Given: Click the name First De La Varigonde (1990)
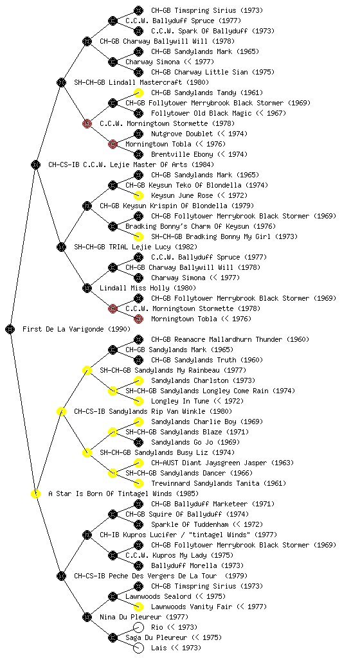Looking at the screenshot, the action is [76, 329].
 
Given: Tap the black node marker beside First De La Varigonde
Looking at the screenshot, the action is [10, 329].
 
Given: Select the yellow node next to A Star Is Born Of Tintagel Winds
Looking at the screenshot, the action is [35, 493].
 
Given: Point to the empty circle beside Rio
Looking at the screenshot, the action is [138, 627].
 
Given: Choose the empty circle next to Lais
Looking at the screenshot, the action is [138, 648].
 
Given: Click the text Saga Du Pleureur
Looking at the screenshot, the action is [155, 637].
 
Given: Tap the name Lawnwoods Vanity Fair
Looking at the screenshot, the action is [190, 607].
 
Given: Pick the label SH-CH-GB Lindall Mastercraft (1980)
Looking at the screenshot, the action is [141, 82].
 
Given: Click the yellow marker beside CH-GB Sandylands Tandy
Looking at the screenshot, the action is [138, 93].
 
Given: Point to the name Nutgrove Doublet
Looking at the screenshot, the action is [181, 134].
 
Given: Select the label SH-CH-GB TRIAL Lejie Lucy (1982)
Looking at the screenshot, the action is [136, 247].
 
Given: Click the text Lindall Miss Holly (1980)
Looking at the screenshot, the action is [148, 288].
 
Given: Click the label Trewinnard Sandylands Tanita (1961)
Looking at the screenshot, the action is [219, 483].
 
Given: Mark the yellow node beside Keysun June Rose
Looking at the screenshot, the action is [138, 195].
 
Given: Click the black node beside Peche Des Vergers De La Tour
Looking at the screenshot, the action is [61, 576].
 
